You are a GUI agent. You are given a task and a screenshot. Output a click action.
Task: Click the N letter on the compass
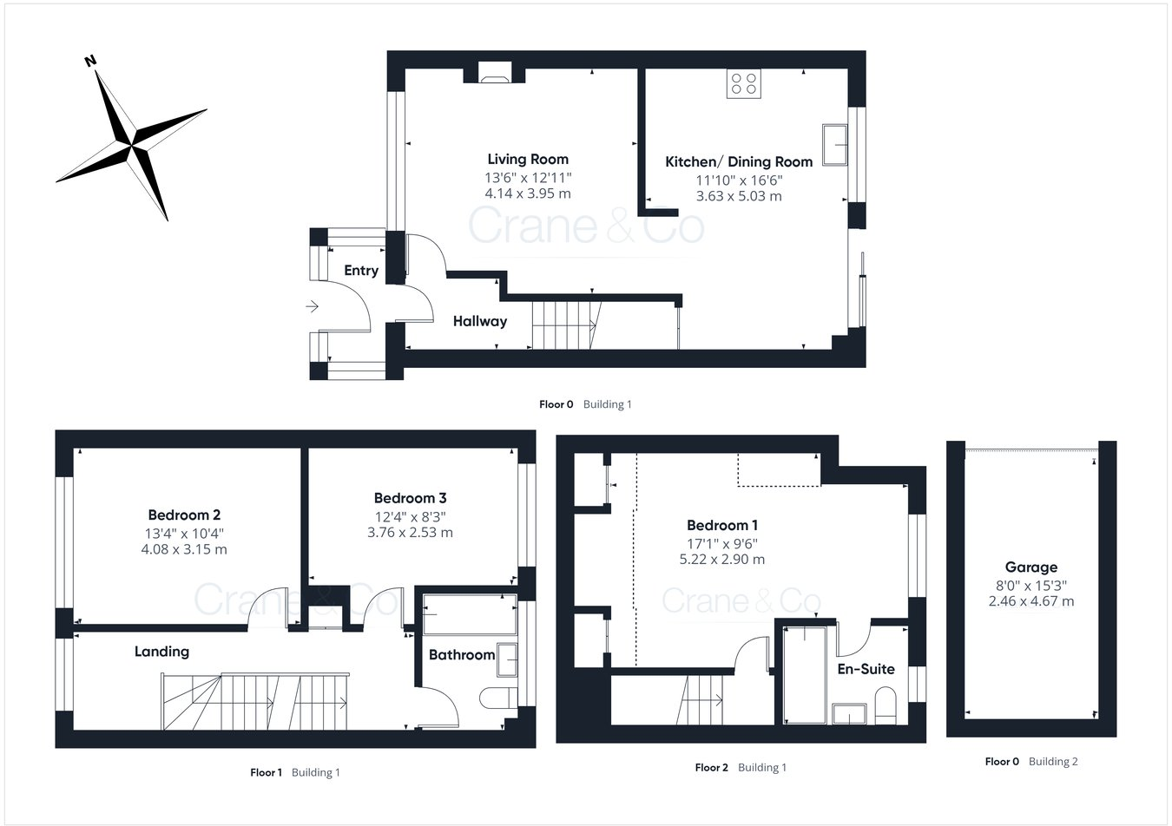click(x=89, y=61)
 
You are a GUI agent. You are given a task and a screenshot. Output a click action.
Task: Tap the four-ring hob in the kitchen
click(x=744, y=83)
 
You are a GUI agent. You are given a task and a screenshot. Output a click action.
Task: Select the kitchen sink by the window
click(x=834, y=144)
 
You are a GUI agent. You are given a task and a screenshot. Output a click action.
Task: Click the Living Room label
click(x=528, y=159)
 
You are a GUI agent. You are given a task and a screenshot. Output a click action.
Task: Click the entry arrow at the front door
click(x=312, y=305)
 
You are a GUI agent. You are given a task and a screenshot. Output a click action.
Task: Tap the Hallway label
click(x=479, y=321)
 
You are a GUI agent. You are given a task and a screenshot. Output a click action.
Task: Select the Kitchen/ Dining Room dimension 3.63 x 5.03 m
click(x=739, y=196)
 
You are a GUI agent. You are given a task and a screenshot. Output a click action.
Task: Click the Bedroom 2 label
click(x=184, y=515)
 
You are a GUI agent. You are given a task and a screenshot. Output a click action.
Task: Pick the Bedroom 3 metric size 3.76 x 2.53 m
click(x=410, y=533)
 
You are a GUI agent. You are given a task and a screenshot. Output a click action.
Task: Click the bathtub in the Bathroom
click(x=469, y=614)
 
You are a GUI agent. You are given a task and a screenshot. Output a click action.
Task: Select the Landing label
click(x=161, y=652)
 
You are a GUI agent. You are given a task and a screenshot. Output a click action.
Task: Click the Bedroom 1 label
click(x=722, y=525)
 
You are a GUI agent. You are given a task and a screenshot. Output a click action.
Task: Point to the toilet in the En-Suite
click(x=886, y=705)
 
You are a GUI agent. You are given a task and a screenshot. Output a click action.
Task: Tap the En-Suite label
click(x=866, y=669)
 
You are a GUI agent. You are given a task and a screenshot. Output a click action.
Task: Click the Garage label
click(x=1031, y=567)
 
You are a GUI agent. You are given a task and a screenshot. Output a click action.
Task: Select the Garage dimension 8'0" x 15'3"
click(x=1031, y=585)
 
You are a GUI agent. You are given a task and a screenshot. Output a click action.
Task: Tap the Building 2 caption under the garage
click(x=1053, y=762)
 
